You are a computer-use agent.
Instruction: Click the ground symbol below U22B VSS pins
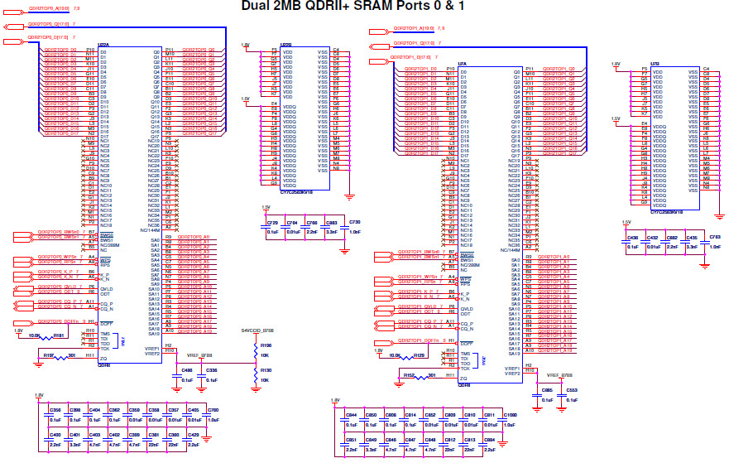click(350, 195)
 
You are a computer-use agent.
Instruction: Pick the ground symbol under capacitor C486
click(175, 386)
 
